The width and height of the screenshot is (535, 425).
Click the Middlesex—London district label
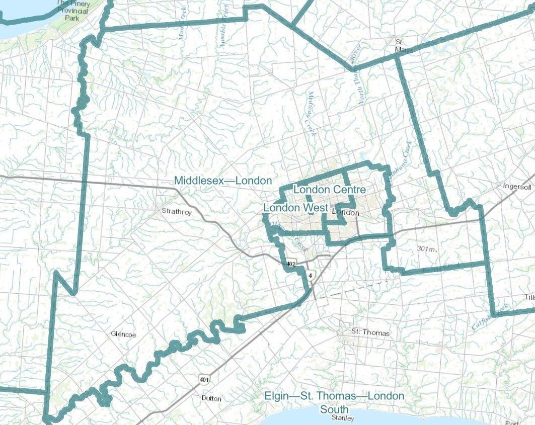pos(223,181)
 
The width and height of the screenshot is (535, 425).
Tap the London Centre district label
pos(329,190)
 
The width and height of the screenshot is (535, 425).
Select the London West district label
pos(296,208)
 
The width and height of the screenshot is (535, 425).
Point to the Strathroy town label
pos(177,212)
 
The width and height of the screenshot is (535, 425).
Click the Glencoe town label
pos(124,333)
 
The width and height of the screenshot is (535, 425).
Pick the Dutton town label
pos(211,398)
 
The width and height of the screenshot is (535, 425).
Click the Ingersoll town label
pos(517,186)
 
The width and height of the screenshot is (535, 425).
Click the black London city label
pos(346,213)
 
